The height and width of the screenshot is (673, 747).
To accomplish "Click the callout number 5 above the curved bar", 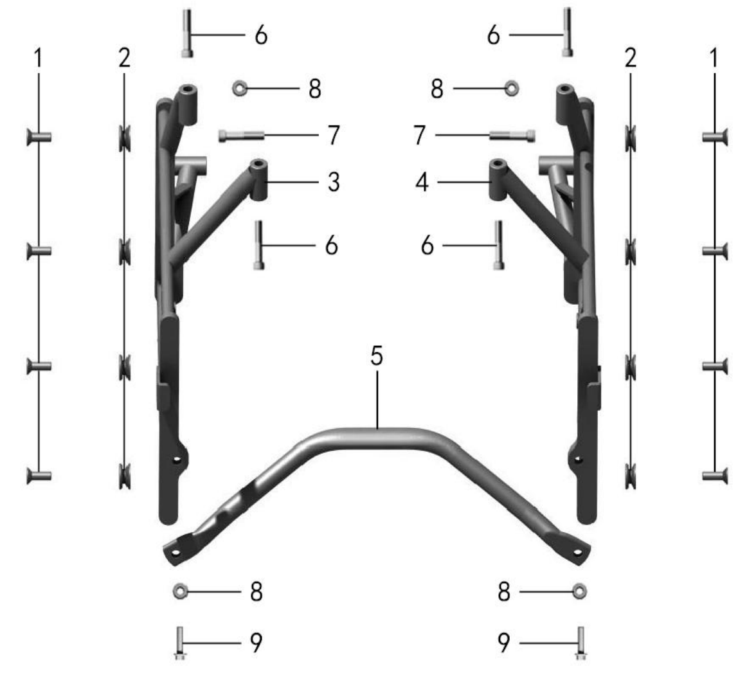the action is pyautogui.click(x=376, y=356).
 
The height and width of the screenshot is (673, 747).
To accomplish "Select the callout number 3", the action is pyautogui.click(x=334, y=182).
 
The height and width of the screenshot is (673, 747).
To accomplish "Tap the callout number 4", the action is pyautogui.click(x=422, y=182).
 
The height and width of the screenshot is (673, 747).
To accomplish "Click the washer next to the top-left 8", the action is pyautogui.click(x=239, y=88).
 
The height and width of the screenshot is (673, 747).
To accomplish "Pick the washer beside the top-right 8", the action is pyautogui.click(x=512, y=88).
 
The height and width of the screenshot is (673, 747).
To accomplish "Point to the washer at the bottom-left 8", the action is pyautogui.click(x=180, y=591).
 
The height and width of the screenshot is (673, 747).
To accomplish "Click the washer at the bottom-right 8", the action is pyautogui.click(x=579, y=591).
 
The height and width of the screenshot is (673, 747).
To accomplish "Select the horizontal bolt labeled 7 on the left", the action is pyautogui.click(x=241, y=136).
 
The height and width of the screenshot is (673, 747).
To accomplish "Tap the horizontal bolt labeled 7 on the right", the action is pyautogui.click(x=512, y=136).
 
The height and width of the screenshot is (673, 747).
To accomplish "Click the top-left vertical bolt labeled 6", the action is pyautogui.click(x=187, y=33).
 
